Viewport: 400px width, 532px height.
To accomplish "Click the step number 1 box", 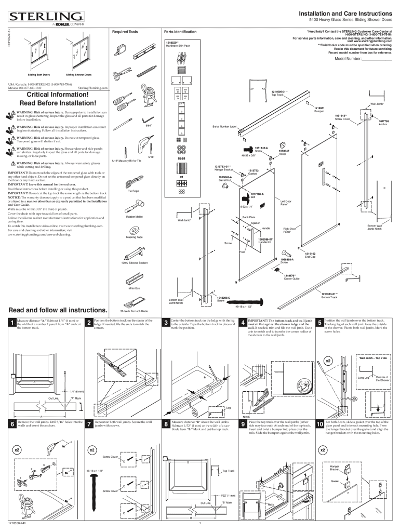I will [11, 324].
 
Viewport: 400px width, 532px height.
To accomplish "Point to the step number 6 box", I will [11, 425].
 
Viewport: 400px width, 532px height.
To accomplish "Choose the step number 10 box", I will [319, 425].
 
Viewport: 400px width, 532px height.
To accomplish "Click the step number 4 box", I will [243, 324].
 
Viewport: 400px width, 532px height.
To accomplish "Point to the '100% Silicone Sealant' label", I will [135, 263].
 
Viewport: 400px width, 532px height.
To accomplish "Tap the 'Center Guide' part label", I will [291, 278].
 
